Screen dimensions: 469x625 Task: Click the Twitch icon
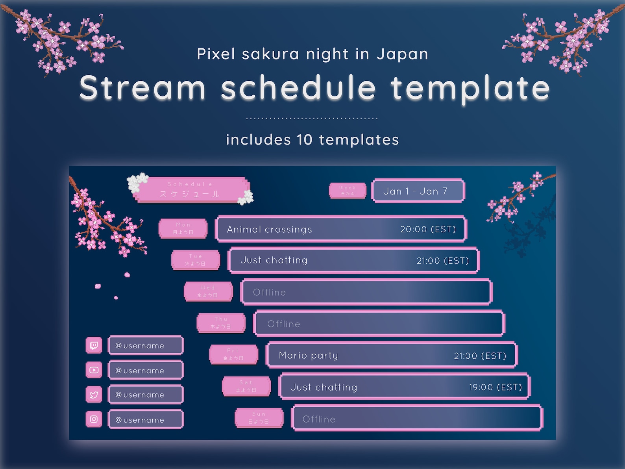(94, 345)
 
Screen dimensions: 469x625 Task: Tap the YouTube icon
(94, 370)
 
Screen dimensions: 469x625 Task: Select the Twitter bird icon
(94, 395)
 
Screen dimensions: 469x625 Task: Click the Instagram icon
(94, 419)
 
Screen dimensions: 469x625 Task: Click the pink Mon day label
(183, 228)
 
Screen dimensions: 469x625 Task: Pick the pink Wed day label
(208, 291)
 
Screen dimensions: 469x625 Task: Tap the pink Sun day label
(259, 418)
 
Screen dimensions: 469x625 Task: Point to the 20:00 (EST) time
(428, 229)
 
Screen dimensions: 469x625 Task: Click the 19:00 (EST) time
(495, 387)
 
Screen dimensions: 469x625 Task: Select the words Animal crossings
(269, 229)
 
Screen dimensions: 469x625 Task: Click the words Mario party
(308, 355)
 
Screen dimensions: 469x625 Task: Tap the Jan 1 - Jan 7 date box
(418, 191)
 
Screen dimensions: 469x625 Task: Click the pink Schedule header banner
(190, 189)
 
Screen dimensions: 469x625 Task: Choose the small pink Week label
(348, 191)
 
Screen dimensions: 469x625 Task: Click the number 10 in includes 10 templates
(304, 140)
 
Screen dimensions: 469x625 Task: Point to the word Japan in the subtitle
(402, 54)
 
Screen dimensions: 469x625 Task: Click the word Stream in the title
(142, 87)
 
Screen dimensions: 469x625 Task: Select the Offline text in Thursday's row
(283, 324)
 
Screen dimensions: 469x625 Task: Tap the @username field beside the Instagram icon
(146, 420)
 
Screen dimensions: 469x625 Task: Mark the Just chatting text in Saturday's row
(324, 387)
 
